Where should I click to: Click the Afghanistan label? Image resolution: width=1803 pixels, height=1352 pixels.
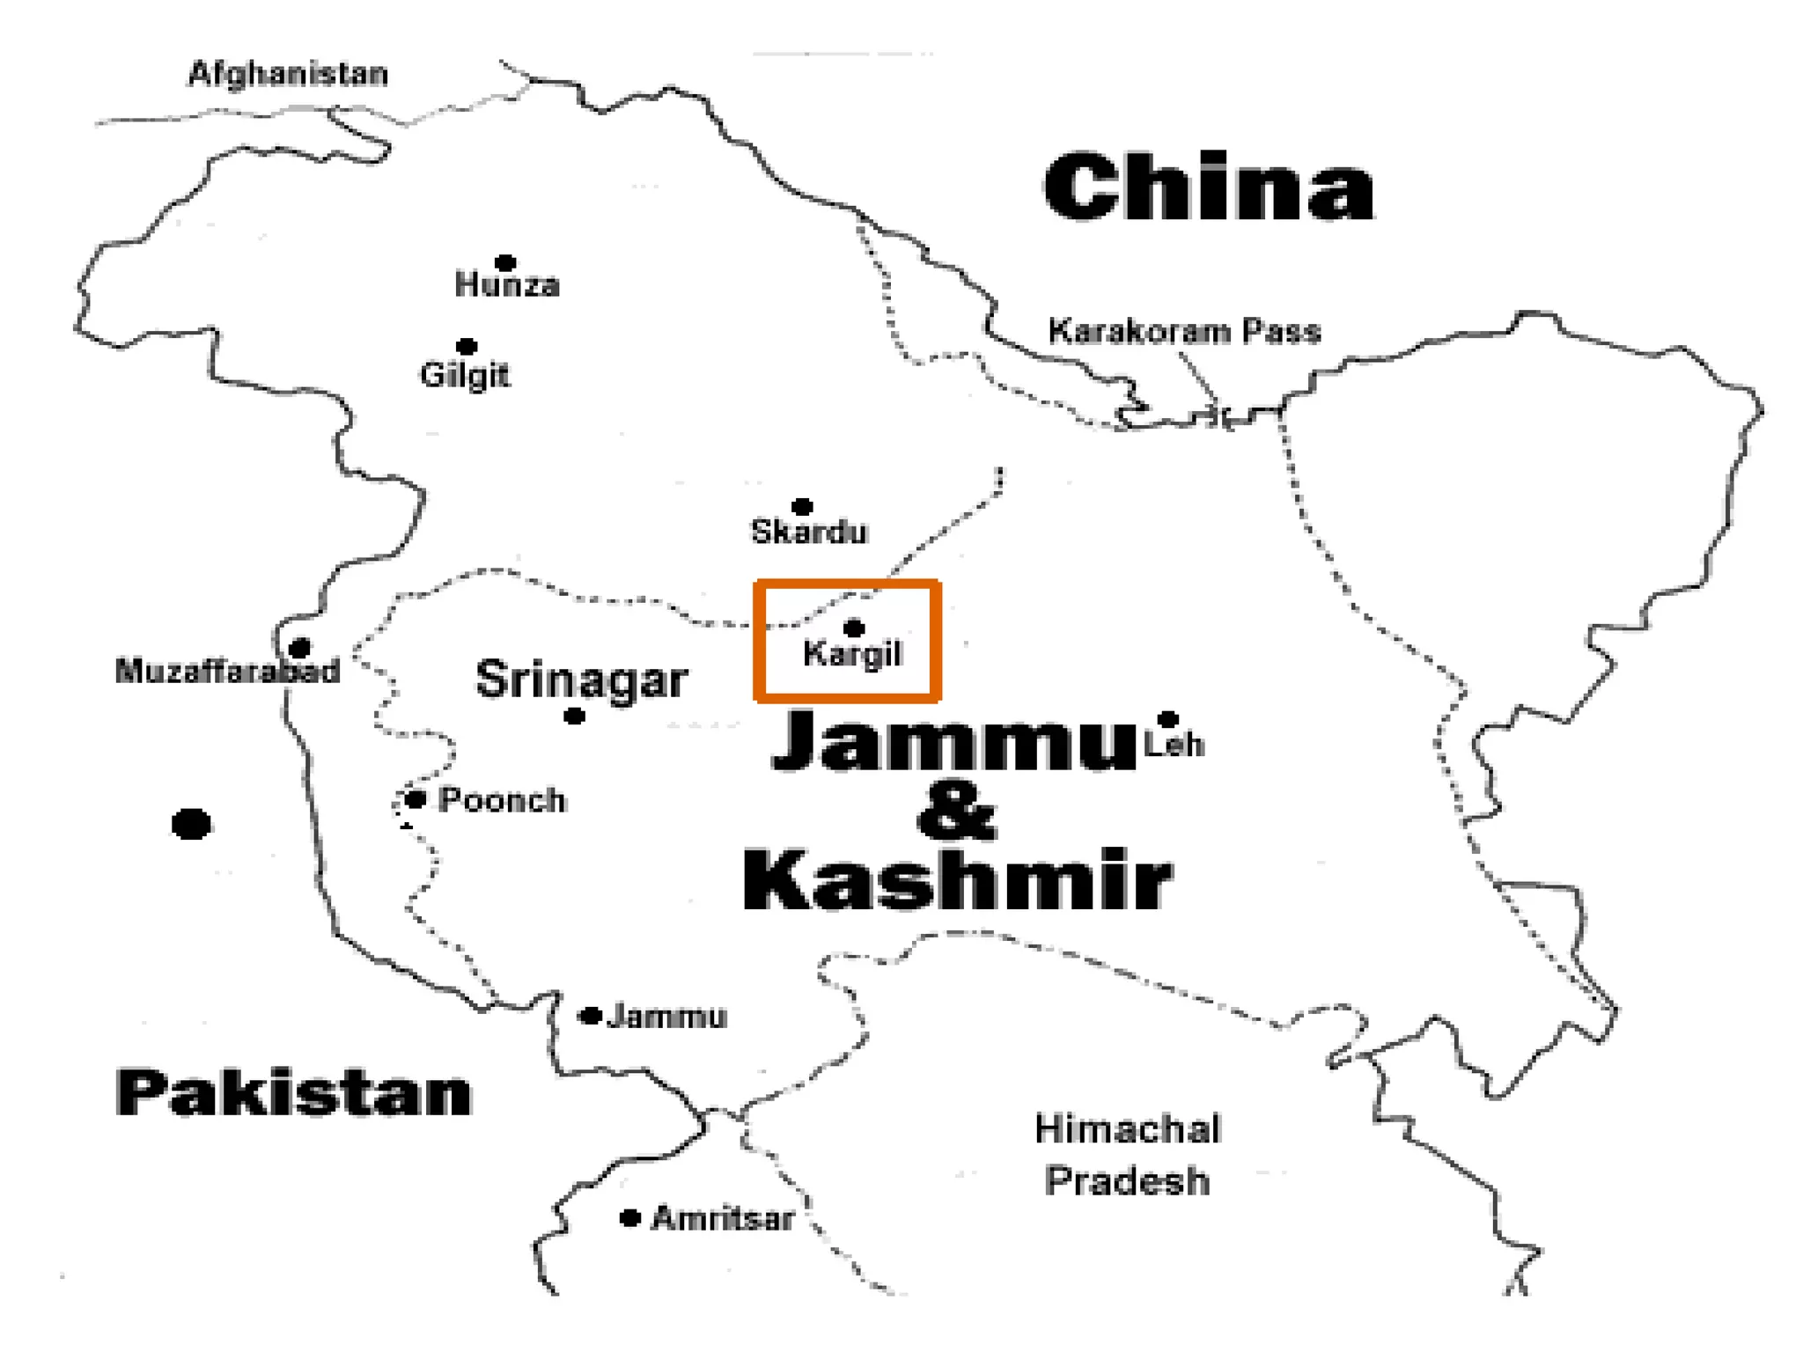(288, 74)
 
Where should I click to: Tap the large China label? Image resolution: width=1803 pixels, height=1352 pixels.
(1208, 187)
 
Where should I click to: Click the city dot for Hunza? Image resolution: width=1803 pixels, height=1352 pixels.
(504, 263)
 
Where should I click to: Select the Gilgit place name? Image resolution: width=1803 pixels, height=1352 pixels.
(464, 376)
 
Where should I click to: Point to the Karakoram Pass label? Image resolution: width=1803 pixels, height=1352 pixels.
(1184, 332)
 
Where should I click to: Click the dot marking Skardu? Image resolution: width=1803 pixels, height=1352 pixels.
(801, 506)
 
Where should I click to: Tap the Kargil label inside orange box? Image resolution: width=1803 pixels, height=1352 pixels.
(852, 654)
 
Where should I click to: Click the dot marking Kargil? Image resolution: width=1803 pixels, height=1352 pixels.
(853, 628)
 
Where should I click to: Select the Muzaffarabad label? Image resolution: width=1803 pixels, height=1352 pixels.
(227, 671)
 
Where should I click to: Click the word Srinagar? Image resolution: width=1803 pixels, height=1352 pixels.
(581, 680)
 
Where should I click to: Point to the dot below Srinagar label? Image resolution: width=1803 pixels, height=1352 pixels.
(574, 716)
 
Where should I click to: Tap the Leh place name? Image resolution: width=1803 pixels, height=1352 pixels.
(1174, 745)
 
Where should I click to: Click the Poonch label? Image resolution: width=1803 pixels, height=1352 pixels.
(502, 801)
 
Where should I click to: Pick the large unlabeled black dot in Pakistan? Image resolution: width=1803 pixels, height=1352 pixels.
(191, 825)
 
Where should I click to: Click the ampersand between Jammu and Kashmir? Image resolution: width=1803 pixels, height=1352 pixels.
(956, 812)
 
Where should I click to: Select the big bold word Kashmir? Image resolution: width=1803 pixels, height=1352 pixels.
(957, 880)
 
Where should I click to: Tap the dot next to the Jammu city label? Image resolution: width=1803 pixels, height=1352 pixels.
(591, 1016)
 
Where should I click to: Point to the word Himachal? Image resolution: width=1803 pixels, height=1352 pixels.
(1127, 1129)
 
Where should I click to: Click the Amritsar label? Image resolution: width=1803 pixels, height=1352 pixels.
(723, 1219)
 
